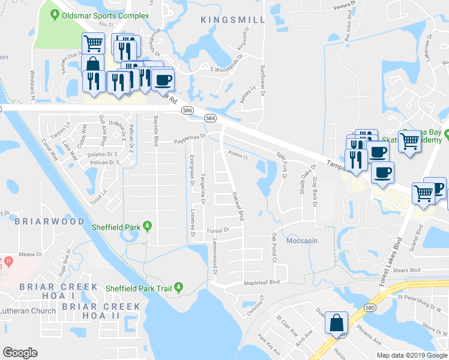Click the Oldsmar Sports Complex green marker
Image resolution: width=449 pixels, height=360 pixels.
55,15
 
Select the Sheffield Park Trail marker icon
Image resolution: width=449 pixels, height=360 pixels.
178,289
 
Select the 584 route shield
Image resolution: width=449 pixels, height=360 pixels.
210,118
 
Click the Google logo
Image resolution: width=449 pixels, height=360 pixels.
20,353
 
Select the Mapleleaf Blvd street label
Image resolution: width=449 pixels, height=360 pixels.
262,282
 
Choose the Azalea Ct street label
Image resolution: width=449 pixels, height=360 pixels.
238,155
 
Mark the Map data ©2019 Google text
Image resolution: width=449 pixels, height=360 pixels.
411,355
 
